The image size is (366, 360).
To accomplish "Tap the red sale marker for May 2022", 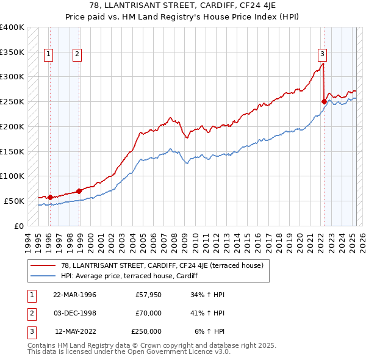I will tap(324, 101).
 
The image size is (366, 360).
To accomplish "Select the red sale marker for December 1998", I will tap(79, 191).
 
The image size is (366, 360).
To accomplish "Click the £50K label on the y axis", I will tap(15, 201).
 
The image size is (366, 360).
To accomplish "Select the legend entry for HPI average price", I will tap(134, 276).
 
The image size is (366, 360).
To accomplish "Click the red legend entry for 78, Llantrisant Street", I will tap(162, 265).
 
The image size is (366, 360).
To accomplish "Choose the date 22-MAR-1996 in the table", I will tap(75, 295).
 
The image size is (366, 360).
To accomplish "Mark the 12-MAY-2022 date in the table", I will tap(75, 331).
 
